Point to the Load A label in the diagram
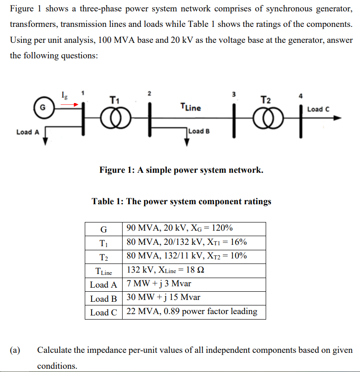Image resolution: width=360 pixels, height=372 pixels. [28, 132]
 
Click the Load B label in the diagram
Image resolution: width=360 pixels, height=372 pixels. [199, 131]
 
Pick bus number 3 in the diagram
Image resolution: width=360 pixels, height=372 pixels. [234, 94]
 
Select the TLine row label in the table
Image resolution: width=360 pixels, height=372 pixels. [103, 271]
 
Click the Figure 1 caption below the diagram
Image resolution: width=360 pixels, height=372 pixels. [181, 170]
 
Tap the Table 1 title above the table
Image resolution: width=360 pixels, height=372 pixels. [181, 201]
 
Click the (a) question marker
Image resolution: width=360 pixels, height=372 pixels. [16, 350]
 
